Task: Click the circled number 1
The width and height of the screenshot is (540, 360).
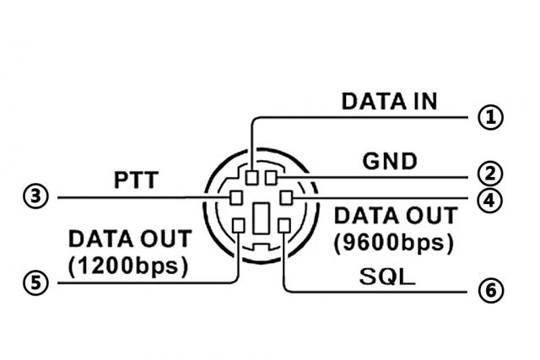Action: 490,117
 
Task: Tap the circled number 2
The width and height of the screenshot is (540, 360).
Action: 490,174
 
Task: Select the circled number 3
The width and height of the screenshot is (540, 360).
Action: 35,196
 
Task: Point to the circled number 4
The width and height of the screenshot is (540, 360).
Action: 490,201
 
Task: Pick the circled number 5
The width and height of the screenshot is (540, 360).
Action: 35,283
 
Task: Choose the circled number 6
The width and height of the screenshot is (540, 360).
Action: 490,291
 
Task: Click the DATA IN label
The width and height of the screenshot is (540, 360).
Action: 389,101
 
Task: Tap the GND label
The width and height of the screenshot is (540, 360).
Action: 390,161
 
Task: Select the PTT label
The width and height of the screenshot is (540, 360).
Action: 136,180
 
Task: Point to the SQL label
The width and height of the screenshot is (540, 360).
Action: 387,277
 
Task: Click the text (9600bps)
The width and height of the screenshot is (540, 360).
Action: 394,244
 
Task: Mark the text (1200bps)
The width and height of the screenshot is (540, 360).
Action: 128,266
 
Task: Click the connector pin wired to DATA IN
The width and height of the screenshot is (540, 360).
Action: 251,178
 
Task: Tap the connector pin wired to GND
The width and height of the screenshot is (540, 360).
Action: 271,178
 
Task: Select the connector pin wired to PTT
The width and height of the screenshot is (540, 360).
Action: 236,198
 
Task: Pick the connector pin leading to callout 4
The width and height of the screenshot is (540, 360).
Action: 286,198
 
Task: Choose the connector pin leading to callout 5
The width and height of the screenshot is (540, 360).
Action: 239,226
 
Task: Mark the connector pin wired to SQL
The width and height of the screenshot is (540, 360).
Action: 284,226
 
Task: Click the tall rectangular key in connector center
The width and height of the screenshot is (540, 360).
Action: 261,218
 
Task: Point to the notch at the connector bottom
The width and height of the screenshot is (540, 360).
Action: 261,246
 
